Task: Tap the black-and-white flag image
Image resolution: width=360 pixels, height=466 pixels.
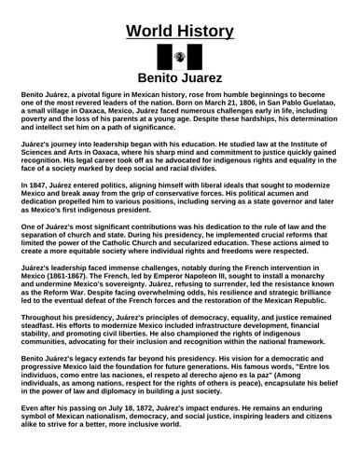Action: tap(179, 53)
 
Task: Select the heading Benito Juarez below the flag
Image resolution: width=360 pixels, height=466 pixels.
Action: tap(180, 79)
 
